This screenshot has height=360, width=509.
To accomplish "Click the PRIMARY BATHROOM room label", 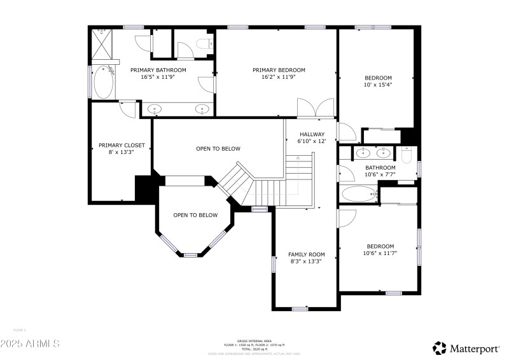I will click(158, 70).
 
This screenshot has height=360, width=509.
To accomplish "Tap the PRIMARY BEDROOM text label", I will click(279, 70).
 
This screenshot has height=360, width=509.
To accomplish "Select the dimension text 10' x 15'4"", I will click(378, 85).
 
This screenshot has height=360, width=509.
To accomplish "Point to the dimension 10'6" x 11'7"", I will click(380, 253).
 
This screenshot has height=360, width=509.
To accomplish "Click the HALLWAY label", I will click(312, 134).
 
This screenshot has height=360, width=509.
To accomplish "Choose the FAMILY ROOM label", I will click(306, 254).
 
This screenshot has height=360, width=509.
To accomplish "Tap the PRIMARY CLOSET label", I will click(122, 145).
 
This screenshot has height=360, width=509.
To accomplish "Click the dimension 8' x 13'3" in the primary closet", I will click(122, 152).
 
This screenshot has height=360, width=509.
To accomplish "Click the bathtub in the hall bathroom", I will click(359, 194).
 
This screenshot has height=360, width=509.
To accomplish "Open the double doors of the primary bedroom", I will click(316, 108).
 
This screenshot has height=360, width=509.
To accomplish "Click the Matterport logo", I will click(467, 347).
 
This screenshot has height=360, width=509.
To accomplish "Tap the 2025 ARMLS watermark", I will click(30, 343).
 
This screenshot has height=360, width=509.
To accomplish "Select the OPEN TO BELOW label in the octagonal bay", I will click(195, 215).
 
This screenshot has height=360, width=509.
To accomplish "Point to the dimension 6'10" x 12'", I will click(312, 141).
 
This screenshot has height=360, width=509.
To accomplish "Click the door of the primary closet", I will click(128, 109).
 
